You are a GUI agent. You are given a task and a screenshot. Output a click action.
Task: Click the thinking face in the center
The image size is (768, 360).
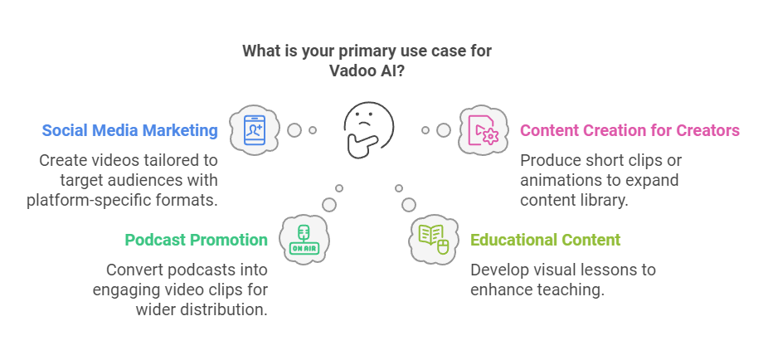367,129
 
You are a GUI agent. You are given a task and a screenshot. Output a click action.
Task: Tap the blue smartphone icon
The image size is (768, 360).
255,129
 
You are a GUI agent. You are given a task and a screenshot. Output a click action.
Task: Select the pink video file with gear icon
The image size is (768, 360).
483,130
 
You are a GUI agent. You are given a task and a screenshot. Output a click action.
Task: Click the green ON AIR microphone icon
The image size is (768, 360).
304,239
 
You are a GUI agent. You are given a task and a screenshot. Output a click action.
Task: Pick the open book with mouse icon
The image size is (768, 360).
434,239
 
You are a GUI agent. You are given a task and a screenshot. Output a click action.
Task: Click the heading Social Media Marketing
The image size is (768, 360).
129,131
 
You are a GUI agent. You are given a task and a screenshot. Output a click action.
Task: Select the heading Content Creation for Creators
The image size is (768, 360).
629,131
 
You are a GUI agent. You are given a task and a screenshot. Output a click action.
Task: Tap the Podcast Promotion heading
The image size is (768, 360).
197,240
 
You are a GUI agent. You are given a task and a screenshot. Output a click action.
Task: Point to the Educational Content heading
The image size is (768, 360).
546,240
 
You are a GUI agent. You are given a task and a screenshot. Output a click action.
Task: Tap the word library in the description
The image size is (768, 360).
605,201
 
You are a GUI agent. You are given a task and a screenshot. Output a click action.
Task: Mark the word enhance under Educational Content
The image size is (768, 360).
502,289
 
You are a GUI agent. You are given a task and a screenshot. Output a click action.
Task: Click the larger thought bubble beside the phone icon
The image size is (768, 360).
294,130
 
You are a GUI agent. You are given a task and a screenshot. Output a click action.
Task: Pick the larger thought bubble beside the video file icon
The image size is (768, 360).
444,130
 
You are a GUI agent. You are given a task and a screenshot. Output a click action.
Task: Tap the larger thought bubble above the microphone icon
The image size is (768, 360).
329,205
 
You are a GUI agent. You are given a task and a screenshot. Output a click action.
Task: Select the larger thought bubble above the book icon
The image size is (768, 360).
409,205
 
